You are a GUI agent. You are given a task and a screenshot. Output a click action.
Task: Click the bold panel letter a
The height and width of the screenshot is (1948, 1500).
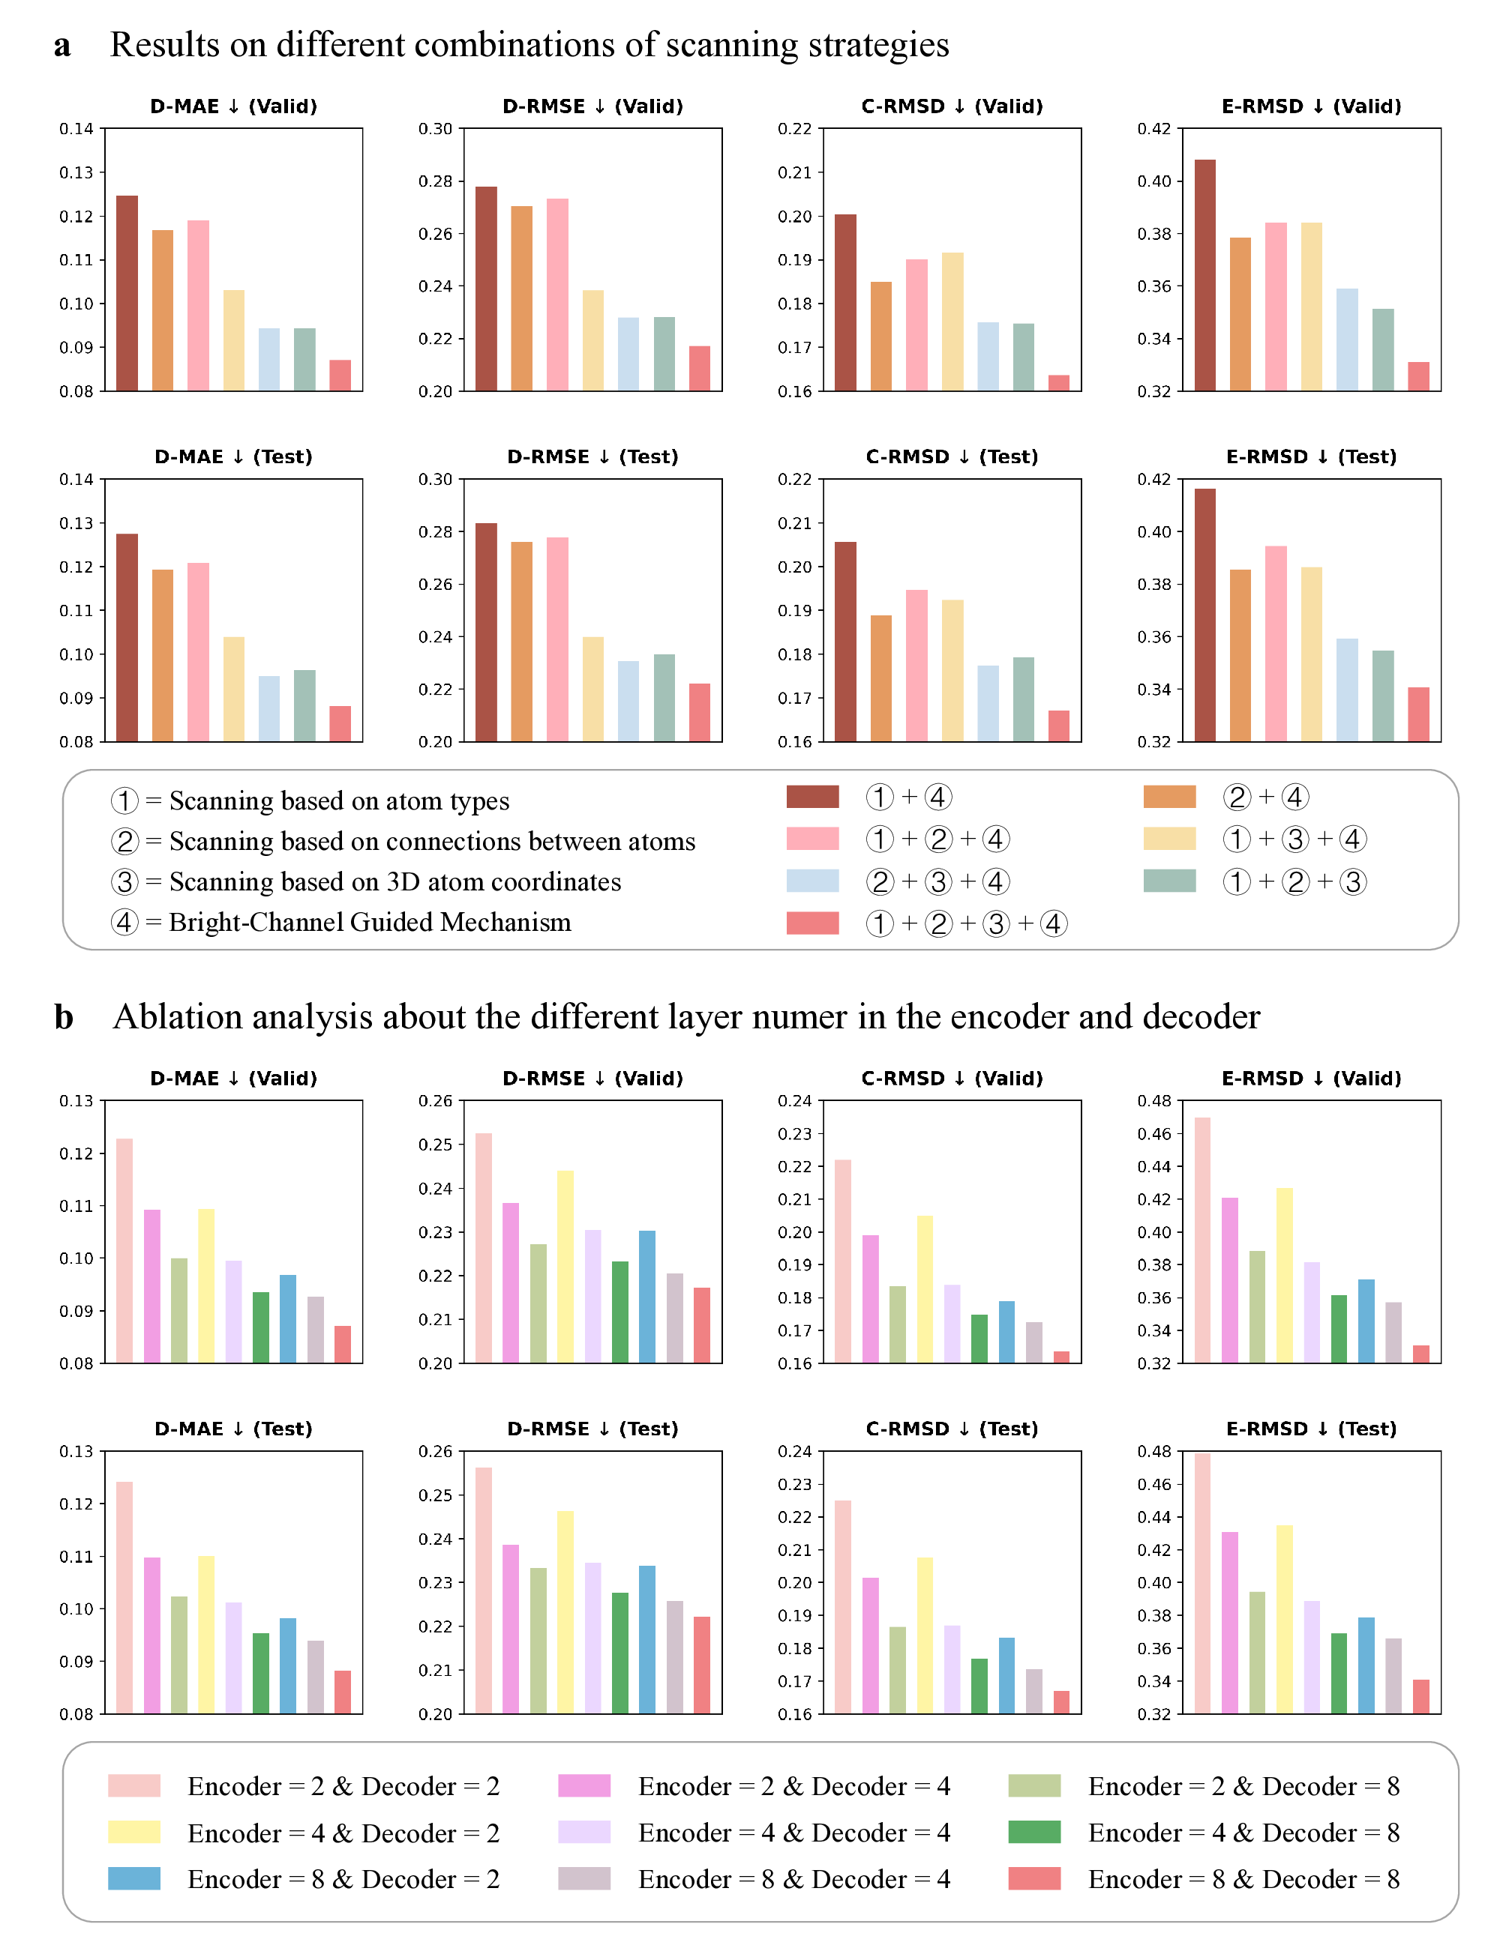pyautogui.click(x=61, y=46)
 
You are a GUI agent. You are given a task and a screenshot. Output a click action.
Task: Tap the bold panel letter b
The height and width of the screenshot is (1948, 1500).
pyautogui.click(x=63, y=1018)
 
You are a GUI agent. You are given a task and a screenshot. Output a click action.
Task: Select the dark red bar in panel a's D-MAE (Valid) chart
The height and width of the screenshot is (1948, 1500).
pyautogui.click(x=127, y=294)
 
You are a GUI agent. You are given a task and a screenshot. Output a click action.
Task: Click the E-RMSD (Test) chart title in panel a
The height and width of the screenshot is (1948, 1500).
pyautogui.click(x=1311, y=456)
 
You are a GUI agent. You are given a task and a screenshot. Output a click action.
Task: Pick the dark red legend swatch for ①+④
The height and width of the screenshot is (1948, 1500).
pyautogui.click(x=812, y=797)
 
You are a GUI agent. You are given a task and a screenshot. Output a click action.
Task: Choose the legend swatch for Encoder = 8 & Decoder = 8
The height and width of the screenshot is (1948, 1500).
pyautogui.click(x=1033, y=1878)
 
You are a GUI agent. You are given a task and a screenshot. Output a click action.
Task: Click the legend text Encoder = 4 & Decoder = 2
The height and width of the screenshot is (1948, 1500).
pyautogui.click(x=343, y=1833)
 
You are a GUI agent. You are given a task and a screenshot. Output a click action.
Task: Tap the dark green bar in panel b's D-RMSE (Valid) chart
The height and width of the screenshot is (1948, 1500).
pyautogui.click(x=619, y=1312)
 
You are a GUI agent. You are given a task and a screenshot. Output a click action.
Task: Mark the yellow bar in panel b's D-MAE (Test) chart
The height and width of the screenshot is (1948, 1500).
pyautogui.click(x=206, y=1634)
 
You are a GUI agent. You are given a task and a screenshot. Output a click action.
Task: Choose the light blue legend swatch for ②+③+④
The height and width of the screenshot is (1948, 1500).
pyautogui.click(x=812, y=881)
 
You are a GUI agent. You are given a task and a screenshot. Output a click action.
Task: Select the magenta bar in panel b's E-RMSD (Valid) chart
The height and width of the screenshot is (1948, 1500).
pyautogui.click(x=1230, y=1280)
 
